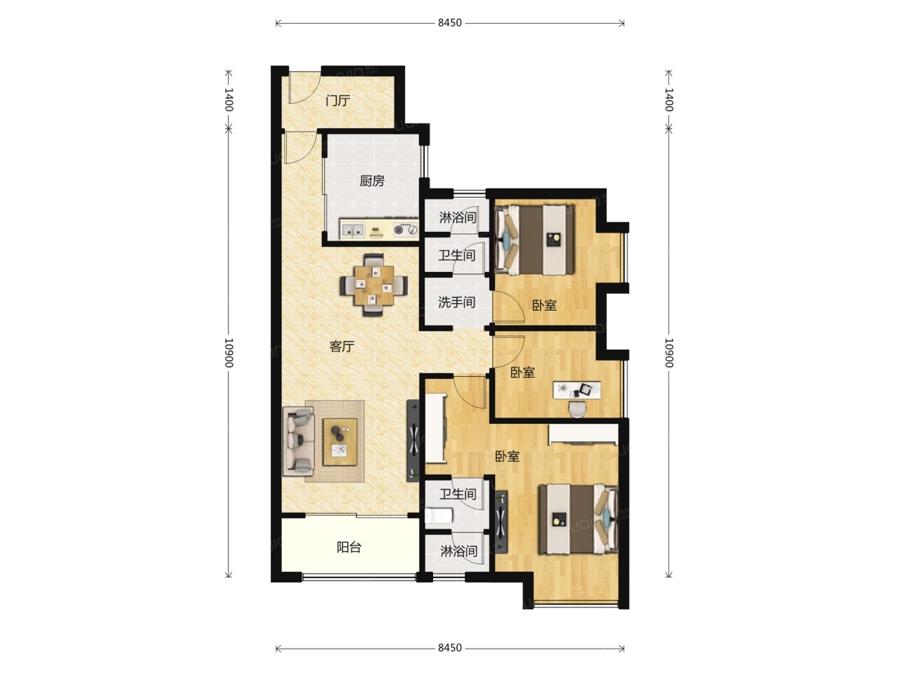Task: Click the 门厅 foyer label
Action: tap(337, 101)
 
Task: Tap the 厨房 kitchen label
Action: tap(372, 181)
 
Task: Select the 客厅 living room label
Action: tap(342, 347)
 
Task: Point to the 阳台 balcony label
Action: tap(349, 547)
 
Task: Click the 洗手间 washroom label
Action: tap(457, 302)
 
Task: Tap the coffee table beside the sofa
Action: tap(340, 442)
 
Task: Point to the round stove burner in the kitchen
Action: tap(399, 230)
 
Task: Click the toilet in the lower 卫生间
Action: tap(439, 516)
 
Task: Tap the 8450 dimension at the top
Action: tap(450, 23)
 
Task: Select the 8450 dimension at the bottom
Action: tap(450, 648)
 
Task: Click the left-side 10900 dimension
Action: tap(229, 352)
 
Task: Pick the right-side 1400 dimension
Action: tap(669, 100)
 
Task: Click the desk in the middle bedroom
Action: tap(577, 390)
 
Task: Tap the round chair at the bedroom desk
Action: tap(577, 409)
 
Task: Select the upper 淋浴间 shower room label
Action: tap(458, 217)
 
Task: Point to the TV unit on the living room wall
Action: tap(413, 440)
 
